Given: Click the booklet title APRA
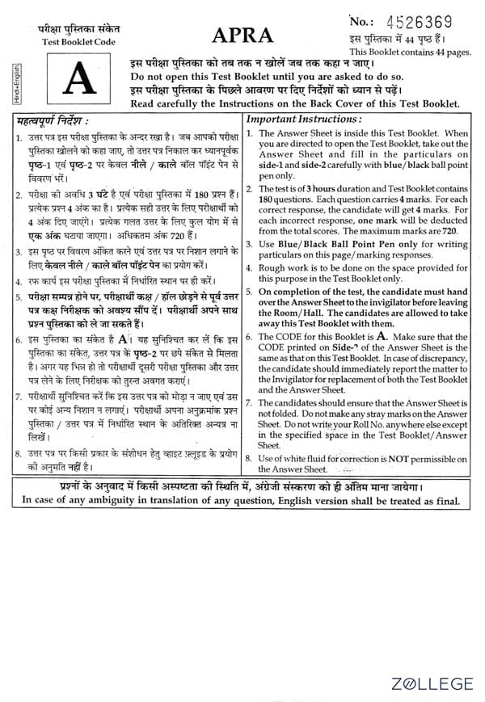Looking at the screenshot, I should tap(242, 36).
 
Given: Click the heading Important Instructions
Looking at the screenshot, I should tap(303, 119).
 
